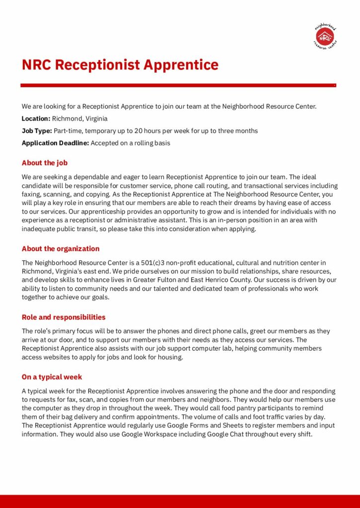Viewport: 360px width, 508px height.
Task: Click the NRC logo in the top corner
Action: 326,36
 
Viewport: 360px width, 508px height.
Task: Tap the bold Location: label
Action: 36,119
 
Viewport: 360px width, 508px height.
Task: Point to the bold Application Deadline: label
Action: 55,143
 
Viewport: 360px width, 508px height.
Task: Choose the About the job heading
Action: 45,163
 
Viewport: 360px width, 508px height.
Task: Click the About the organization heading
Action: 61,249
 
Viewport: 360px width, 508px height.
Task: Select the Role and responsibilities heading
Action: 64,317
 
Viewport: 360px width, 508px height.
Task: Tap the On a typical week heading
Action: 52,377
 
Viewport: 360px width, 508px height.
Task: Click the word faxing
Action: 32,194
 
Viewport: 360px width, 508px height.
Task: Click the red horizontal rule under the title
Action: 178,85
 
